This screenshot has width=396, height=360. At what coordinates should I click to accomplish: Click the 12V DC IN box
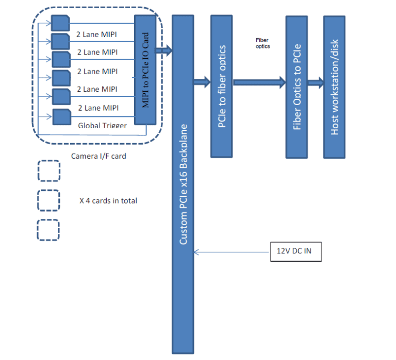click(x=295, y=251)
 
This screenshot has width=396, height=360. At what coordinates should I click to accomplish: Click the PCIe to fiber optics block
click(x=221, y=86)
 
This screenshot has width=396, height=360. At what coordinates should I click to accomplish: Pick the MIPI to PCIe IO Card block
click(x=145, y=70)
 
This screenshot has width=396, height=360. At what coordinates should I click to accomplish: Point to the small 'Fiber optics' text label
click(x=262, y=43)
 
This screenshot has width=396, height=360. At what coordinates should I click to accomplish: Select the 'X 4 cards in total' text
click(x=108, y=200)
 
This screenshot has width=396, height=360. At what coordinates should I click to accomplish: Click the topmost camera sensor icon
click(x=60, y=23)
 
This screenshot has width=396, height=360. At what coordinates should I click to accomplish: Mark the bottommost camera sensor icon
click(x=61, y=117)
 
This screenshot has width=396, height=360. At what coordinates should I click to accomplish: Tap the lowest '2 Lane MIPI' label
click(x=98, y=108)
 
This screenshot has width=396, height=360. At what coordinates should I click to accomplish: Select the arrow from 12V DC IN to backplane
click(x=232, y=252)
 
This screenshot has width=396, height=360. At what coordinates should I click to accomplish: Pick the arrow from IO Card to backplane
click(x=163, y=50)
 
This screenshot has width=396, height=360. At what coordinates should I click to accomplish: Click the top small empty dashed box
click(x=48, y=171)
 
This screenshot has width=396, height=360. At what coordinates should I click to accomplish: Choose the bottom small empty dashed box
click(x=48, y=230)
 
